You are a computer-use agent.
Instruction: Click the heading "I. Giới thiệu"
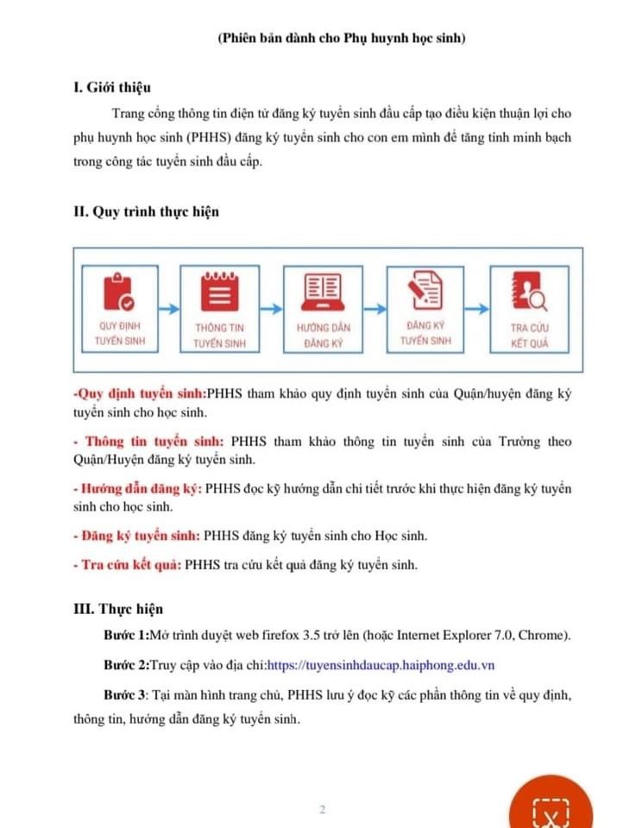(112, 86)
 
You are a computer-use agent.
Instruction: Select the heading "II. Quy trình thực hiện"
(146, 211)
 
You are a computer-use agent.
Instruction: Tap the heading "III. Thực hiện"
(117, 608)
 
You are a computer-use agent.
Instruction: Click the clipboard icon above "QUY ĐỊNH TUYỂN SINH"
(120, 291)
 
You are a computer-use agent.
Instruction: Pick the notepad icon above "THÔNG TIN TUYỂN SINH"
(220, 292)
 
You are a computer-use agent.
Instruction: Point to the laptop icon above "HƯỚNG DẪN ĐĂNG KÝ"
(323, 291)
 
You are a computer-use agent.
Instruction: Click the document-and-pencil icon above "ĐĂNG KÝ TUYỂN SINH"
(425, 291)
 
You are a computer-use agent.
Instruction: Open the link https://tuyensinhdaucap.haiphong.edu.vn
(381, 665)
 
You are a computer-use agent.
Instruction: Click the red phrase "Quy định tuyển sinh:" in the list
(139, 393)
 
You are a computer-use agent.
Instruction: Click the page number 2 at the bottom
(322, 810)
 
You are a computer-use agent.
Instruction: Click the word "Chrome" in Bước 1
(544, 636)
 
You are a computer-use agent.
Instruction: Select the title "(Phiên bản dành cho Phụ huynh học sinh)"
(343, 38)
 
